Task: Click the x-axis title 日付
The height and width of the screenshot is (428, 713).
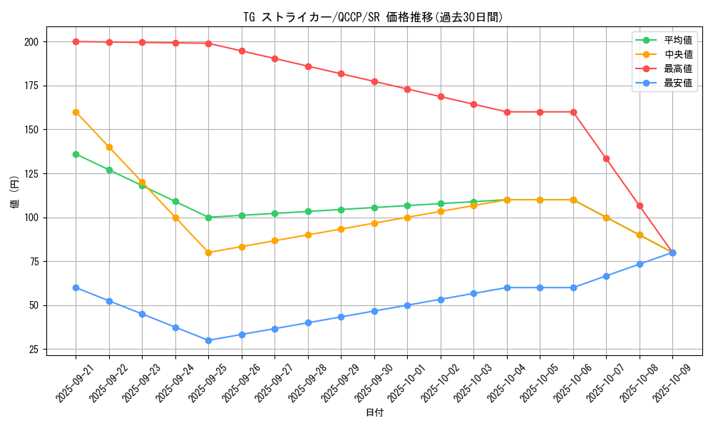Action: click(x=374, y=413)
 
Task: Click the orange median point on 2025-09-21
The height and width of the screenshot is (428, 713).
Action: click(x=76, y=112)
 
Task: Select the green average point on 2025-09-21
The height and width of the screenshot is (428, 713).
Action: click(x=76, y=154)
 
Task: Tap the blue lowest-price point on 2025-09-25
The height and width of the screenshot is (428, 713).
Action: click(x=208, y=340)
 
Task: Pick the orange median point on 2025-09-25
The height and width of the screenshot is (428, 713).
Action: click(x=208, y=253)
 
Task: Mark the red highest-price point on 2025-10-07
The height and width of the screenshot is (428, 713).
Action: click(x=606, y=158)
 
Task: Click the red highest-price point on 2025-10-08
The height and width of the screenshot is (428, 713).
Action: click(x=640, y=205)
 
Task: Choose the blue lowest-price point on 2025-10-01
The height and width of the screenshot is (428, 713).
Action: click(x=407, y=305)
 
